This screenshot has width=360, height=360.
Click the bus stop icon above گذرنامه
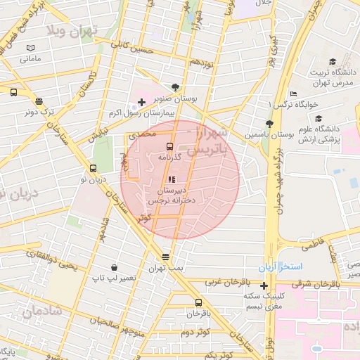pos(169,146)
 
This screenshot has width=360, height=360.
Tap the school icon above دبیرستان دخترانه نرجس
pos(172,179)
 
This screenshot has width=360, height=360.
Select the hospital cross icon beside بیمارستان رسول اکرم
pos(142,103)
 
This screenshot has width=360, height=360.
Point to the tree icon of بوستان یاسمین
pos(270,123)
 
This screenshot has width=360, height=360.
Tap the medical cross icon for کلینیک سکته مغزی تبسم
pos(264,285)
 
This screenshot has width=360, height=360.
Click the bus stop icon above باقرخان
pos(198,302)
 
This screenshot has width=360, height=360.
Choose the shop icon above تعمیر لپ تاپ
pos(115,269)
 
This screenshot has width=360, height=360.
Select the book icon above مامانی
pos(30,48)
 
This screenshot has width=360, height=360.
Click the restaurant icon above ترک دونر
pos(39,101)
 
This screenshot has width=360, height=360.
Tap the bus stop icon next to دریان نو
pos(93,168)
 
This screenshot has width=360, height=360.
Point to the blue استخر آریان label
pos(299,269)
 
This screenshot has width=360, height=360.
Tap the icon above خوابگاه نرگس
pos(294,94)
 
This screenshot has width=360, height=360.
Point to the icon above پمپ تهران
pos(165,257)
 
